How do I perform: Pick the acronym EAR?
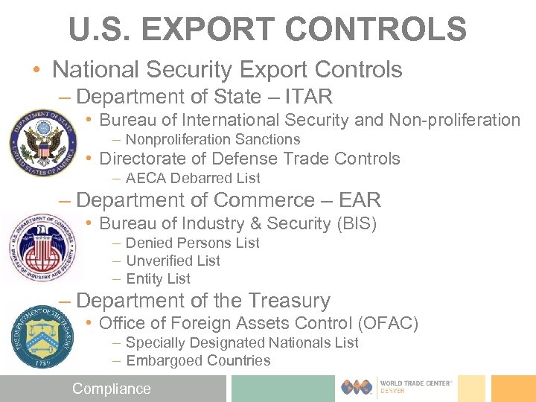tap(360, 200)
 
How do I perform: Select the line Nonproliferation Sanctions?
tap(213, 139)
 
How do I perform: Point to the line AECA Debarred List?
tap(193, 178)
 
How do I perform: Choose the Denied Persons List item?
tap(193, 243)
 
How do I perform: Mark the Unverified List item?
tap(173, 261)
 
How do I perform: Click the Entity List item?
tap(159, 278)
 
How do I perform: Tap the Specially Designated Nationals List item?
tap(242, 342)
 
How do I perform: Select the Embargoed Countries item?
tap(198, 360)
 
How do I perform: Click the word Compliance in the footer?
tap(111, 389)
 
